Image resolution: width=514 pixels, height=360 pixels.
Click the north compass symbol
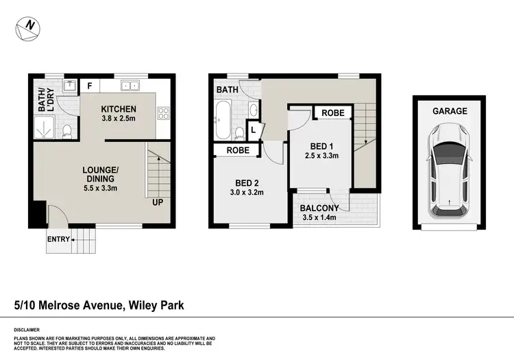tap(27, 26)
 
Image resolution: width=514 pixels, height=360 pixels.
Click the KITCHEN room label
tap(119, 109)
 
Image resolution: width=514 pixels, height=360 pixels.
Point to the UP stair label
tap(158, 203)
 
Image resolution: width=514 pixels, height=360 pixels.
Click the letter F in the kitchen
tap(88, 86)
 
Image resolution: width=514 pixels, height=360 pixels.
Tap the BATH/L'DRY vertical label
tap(45, 100)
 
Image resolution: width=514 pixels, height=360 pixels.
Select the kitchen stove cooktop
tap(163, 114)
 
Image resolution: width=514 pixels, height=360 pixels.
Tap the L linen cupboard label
tap(253, 130)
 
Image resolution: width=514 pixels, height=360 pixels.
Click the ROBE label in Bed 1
tap(332, 113)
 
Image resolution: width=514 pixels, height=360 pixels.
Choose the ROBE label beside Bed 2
tap(236, 150)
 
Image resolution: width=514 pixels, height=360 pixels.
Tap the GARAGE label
tap(449, 111)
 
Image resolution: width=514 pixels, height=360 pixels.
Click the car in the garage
tap(449, 169)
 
